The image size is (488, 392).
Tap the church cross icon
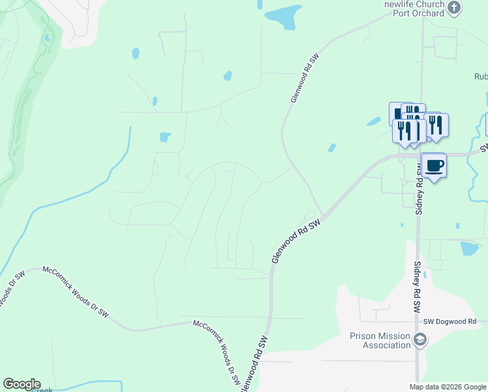coord(455,8)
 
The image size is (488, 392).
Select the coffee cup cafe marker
coord(434,165)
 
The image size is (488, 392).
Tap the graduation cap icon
coord(421,339)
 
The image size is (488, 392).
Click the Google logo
coord(22,384)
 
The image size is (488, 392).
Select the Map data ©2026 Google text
coord(448,386)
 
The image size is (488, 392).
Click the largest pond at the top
coord(280,17)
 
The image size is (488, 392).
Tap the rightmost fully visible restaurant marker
coord(436,125)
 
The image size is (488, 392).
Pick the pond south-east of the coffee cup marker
coord(469,248)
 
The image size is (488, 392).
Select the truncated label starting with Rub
coord(481,76)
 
